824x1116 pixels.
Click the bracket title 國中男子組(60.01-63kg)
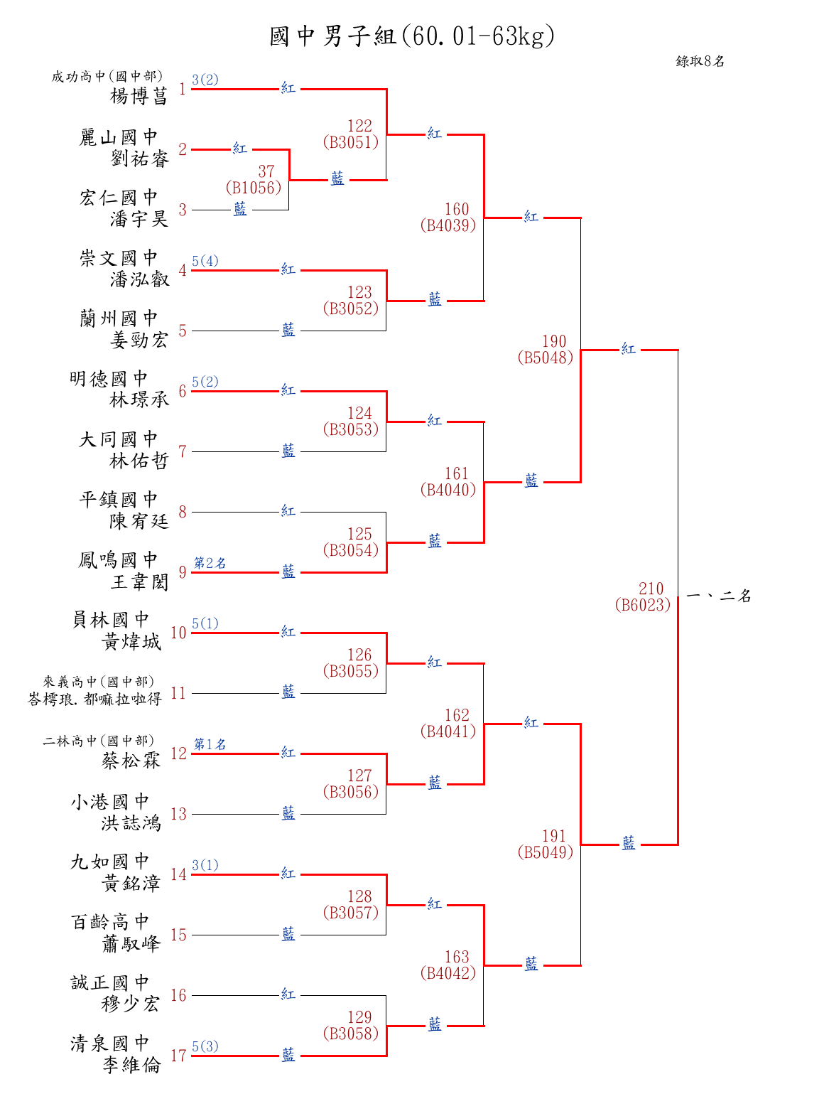click(412, 36)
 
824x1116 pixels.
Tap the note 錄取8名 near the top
click(700, 61)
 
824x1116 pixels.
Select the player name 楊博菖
click(139, 96)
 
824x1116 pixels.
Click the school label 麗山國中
click(119, 137)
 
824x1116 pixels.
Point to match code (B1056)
click(254, 188)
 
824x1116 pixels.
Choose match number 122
click(359, 126)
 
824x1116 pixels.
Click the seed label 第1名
click(210, 744)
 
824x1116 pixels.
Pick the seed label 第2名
click(210, 563)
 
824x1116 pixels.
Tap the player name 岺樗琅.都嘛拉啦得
click(95, 699)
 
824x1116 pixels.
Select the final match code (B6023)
click(643, 605)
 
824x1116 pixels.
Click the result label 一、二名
click(719, 596)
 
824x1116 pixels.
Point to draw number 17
click(178, 1056)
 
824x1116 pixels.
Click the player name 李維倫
click(132, 1065)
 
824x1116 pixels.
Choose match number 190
click(554, 341)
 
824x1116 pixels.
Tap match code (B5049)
click(546, 852)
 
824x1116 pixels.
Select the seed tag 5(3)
click(205, 1046)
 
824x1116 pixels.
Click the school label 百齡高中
click(111, 923)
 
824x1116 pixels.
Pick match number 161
click(457, 473)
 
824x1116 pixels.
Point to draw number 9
click(183, 572)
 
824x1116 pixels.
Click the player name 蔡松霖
click(131, 761)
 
